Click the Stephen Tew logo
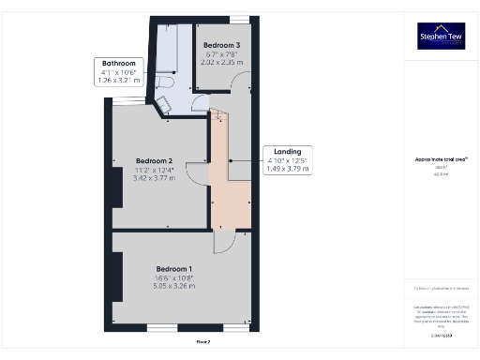pyautogui.click(x=441, y=36)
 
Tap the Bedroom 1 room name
pyautogui.click(x=175, y=269)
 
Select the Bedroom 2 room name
pyautogui.click(x=154, y=160)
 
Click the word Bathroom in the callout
pyautogui.click(x=118, y=63)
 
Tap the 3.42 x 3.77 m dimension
pyautogui.click(x=154, y=176)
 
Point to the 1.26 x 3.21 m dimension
pyautogui.click(x=118, y=80)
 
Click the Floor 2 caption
pyautogui.click(x=202, y=342)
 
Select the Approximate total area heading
pyautogui.click(x=441, y=159)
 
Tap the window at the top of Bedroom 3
pyautogui.click(x=240, y=19)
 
